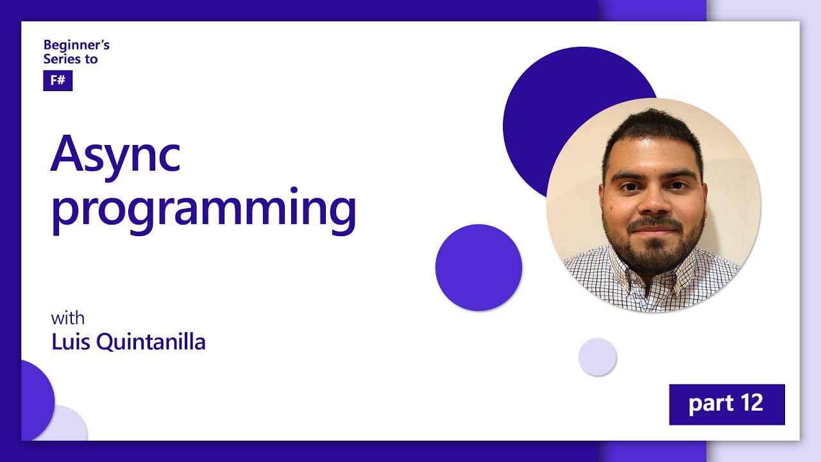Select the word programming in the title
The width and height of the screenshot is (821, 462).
pos(203,210)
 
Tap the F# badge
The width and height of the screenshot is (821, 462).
pos(58,81)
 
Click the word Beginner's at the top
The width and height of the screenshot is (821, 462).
pos(76,45)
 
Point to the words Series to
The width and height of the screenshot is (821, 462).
pos(71,58)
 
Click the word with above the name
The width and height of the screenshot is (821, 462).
pos(67,318)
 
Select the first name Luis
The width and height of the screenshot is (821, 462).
pos(71,342)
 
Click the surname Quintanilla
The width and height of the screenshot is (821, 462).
pos(151,342)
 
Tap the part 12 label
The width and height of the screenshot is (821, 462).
pos(726,404)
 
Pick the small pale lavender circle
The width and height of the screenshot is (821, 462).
pos(597,357)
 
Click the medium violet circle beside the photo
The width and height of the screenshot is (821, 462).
pos(478,268)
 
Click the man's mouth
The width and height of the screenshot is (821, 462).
pos(653,228)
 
